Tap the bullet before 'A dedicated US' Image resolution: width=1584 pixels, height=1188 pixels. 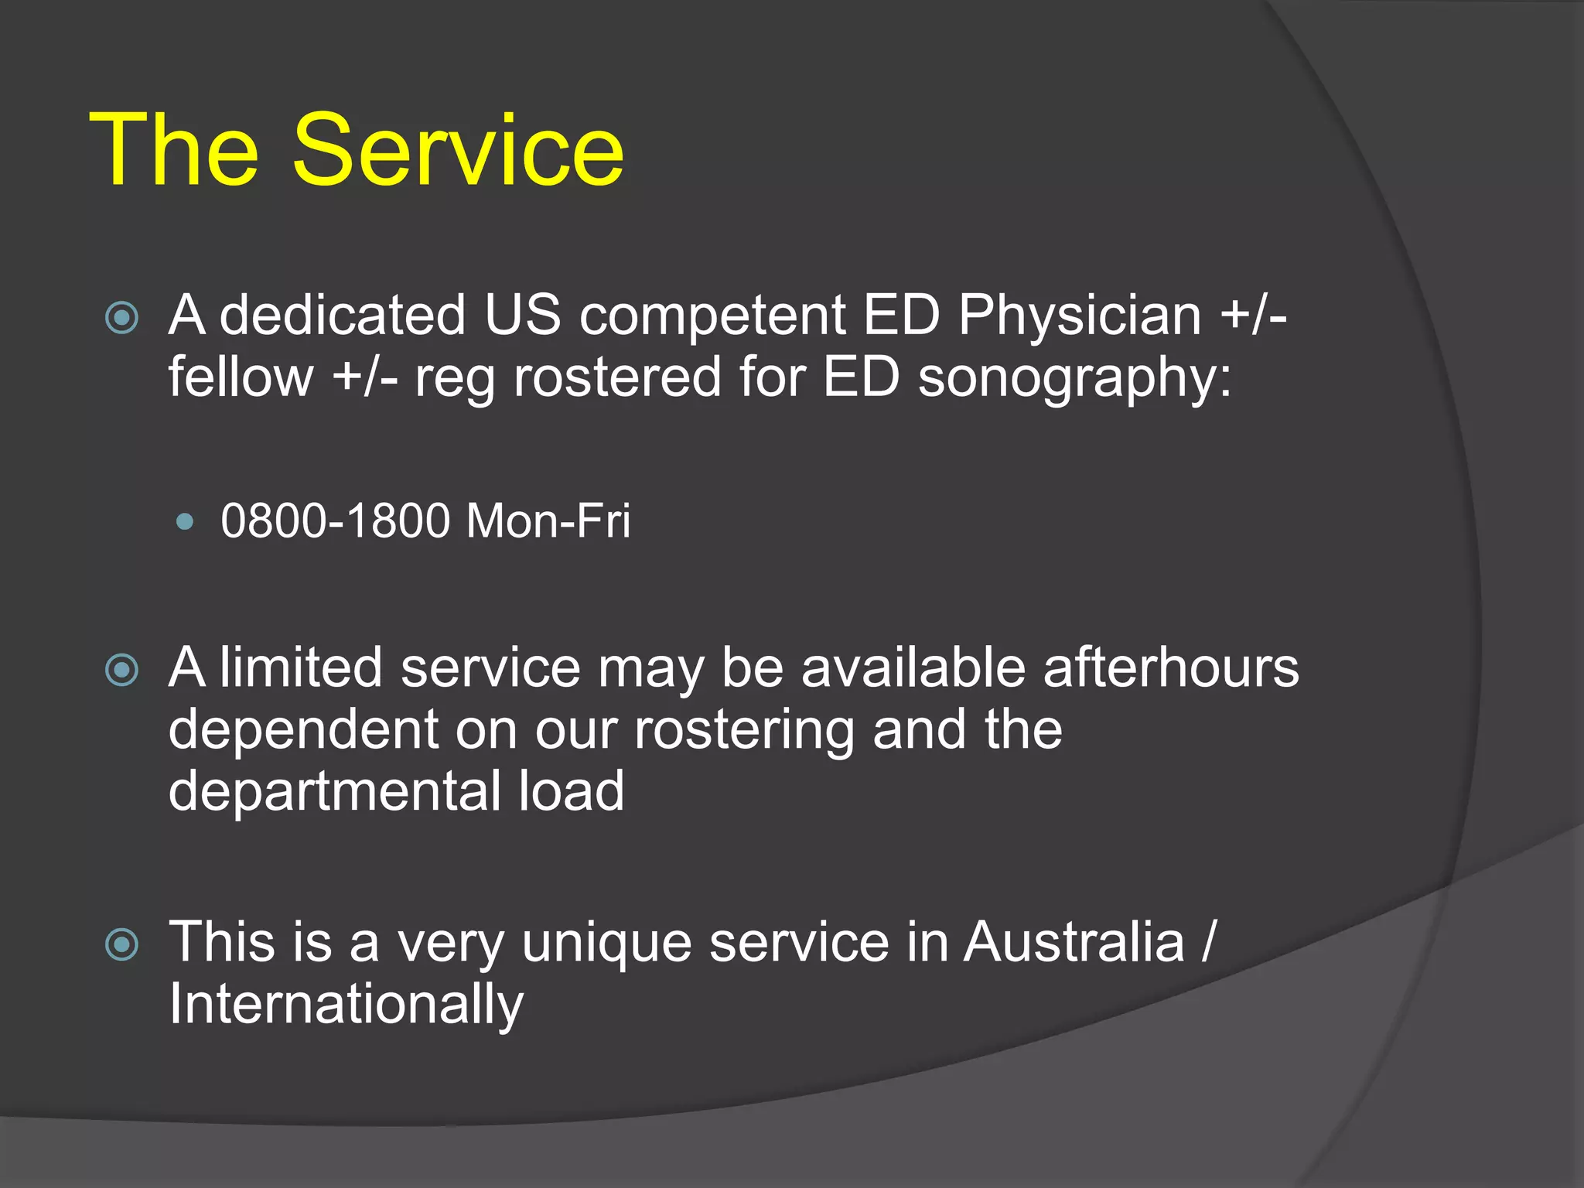(122, 317)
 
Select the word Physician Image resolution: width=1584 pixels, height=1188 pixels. (1080, 316)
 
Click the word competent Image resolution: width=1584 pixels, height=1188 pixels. (712, 316)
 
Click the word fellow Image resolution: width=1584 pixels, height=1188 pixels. (241, 377)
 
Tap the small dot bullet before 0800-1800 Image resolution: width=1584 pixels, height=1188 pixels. (185, 521)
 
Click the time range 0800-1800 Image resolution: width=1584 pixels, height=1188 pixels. (335, 521)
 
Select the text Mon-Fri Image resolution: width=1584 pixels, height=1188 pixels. (548, 521)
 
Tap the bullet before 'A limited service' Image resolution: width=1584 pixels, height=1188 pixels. (122, 670)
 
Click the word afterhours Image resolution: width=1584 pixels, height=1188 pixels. (1170, 667)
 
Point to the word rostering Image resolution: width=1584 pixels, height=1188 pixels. (744, 731)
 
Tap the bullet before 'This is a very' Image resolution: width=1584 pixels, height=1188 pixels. (122, 944)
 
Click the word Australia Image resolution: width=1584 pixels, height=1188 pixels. (1074, 942)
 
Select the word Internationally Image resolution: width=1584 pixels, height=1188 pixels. (346, 1005)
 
